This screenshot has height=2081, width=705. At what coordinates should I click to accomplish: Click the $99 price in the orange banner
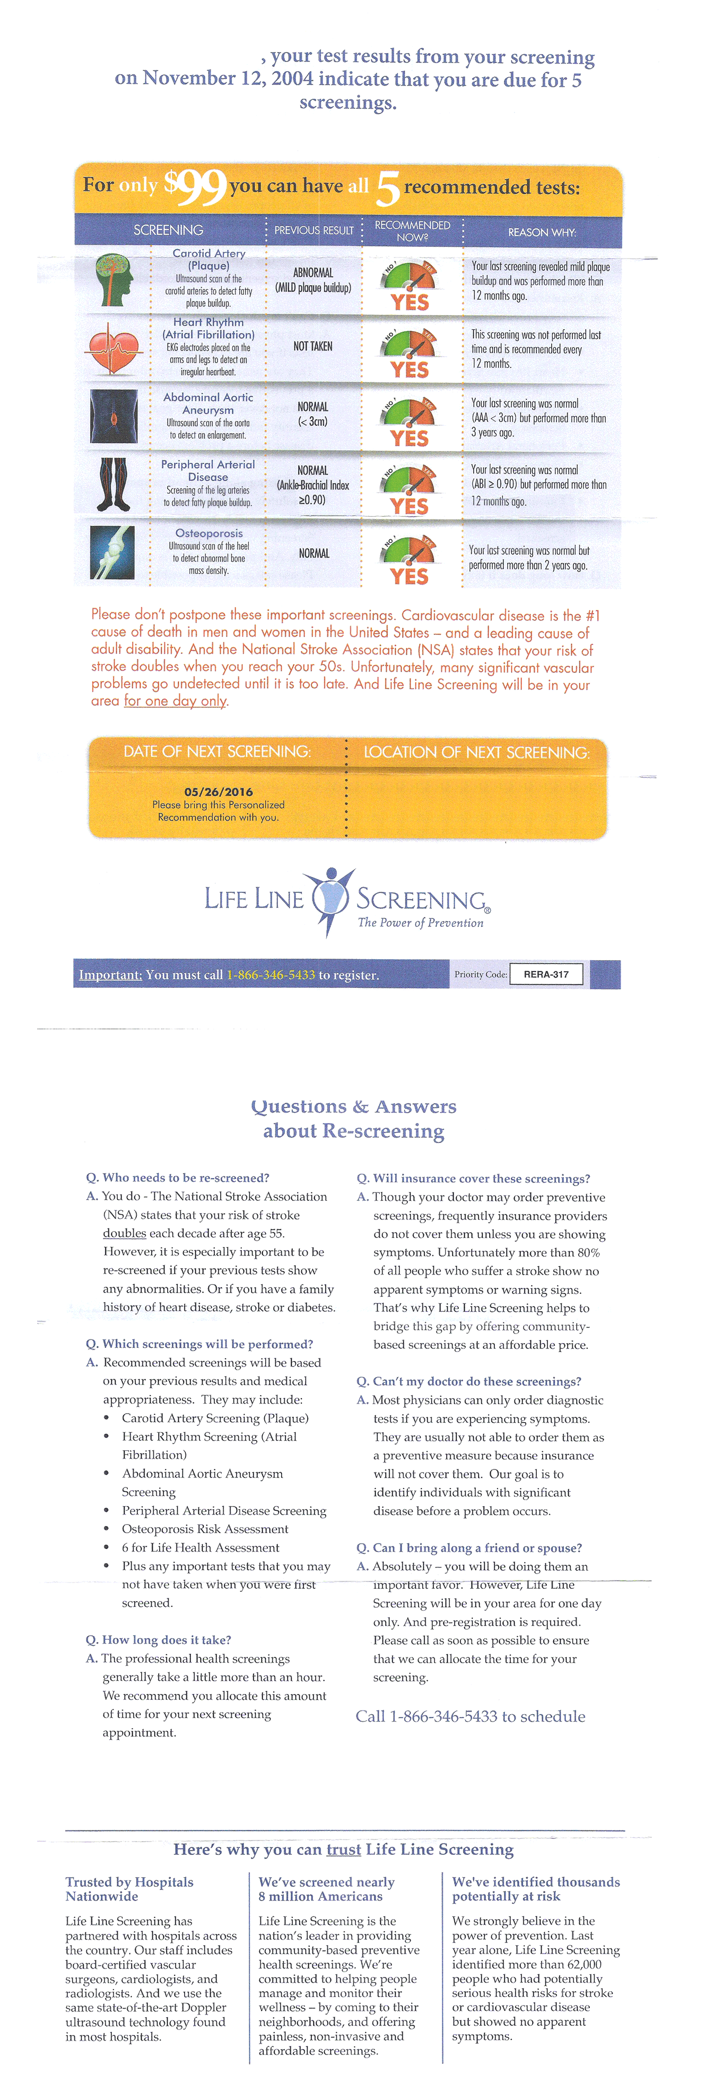pos(195,187)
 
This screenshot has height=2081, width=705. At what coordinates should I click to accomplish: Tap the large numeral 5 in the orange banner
pos(388,189)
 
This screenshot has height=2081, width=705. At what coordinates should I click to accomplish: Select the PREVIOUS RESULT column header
pos(314,230)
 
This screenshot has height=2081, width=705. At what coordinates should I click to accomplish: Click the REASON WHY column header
pos(542,232)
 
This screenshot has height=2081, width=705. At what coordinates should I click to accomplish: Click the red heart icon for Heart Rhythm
pos(114,348)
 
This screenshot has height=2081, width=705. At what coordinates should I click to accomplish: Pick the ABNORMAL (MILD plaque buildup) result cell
pos(312,280)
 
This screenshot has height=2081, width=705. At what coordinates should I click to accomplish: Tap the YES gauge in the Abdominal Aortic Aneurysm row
pos(410,422)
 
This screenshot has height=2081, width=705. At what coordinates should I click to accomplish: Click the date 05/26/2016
pos(218,792)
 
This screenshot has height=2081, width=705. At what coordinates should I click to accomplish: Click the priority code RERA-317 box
pos(546,974)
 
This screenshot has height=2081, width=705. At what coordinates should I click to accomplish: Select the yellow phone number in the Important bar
pos(271,975)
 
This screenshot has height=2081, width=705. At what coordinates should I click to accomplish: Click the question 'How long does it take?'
pos(158,1640)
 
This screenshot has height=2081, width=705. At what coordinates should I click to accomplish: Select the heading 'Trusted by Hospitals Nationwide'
pos(129,1889)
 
